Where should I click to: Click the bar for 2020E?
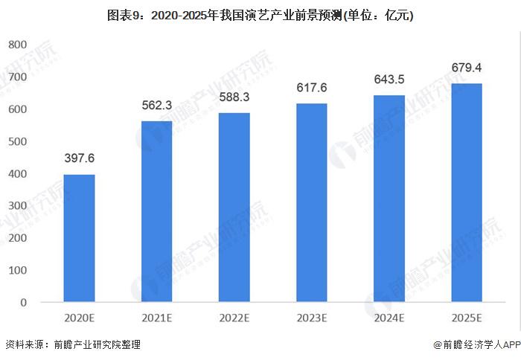79,238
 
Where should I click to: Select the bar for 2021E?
156,211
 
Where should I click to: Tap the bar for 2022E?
234,208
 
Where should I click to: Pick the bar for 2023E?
311,202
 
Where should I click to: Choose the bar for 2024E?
389,199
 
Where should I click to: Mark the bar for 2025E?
467,193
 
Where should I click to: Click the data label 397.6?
79,158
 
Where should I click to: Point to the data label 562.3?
157,105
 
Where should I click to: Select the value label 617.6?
311,88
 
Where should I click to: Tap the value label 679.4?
467,68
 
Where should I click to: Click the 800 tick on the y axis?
17,45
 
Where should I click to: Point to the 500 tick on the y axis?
17,141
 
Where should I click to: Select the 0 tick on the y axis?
23,303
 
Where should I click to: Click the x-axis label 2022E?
234,318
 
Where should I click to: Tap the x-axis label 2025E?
467,318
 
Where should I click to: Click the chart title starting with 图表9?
260,15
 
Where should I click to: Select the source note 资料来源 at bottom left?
72,344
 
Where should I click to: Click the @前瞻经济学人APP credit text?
476,344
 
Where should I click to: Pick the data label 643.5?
389,80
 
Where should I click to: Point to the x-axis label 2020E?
79,318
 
